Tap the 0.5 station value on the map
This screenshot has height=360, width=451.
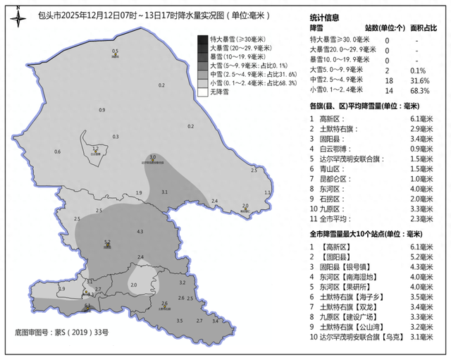point(116,51)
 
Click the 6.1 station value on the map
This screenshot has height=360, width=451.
point(87,305)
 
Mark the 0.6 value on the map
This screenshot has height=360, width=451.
point(57,151)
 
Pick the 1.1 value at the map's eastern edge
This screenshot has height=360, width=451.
point(267,192)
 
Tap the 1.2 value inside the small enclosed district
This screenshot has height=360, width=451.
point(95,148)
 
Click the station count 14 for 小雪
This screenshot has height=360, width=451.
point(387,90)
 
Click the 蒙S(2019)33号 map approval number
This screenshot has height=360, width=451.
point(82,331)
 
